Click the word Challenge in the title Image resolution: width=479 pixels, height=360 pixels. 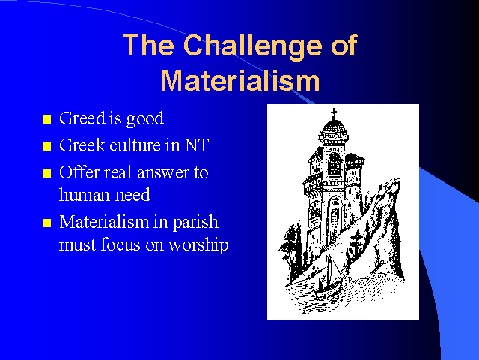coord(253,46)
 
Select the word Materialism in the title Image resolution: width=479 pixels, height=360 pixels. coord(240,80)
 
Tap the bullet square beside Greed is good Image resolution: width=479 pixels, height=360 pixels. coord(46,119)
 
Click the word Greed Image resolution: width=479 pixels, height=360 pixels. coord(82,118)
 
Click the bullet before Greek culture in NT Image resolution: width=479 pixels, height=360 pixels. coord(46,147)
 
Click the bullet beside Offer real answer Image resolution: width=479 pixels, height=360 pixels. coord(46,173)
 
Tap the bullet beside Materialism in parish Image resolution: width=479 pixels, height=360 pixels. coord(46,223)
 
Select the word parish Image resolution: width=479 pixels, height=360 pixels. coord(195,223)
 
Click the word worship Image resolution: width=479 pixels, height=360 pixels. coord(198,245)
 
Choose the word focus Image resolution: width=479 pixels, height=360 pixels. coord(120,244)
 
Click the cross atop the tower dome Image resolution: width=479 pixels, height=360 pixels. coord(334,113)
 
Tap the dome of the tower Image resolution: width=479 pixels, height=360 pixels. coord(335,126)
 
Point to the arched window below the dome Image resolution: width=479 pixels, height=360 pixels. coord(334,163)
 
